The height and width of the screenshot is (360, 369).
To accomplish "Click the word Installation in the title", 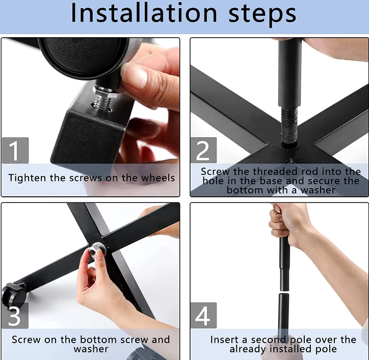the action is (x=144, y=13).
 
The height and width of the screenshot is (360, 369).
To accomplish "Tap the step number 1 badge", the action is (x=15, y=150).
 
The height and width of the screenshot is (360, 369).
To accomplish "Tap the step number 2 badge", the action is (x=203, y=150).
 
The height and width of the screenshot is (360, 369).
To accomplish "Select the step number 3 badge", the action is (x=15, y=316).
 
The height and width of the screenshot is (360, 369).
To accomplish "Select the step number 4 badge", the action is (x=203, y=316).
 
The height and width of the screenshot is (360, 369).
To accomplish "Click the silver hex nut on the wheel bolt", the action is (x=105, y=92).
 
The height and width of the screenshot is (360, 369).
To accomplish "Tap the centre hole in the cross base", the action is (x=289, y=145).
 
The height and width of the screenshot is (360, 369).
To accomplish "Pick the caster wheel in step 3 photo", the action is (x=14, y=295).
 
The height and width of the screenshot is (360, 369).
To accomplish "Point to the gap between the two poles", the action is (x=284, y=292).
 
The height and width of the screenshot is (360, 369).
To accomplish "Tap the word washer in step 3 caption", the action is (x=91, y=349).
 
